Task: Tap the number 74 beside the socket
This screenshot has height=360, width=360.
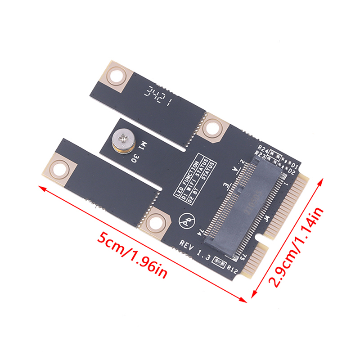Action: click(200, 231)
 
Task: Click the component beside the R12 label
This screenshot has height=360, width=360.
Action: click(220, 261)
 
